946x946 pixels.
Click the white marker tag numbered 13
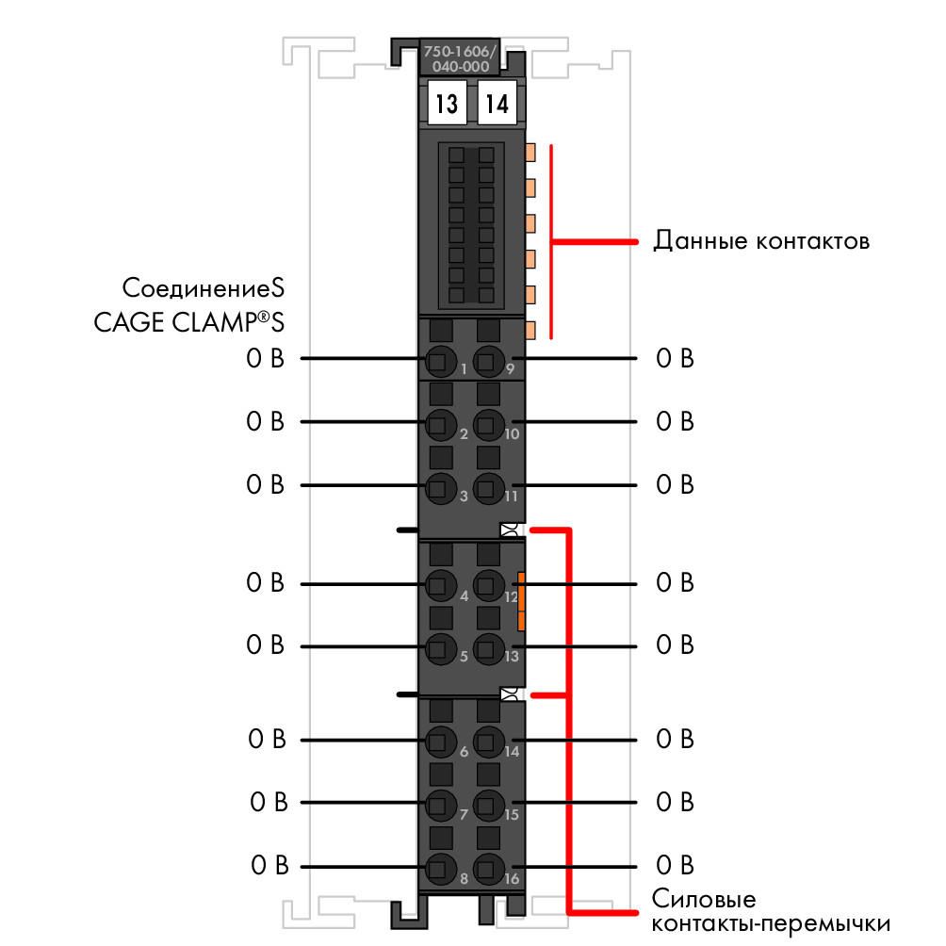click(447, 103)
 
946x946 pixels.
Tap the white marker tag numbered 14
click(497, 103)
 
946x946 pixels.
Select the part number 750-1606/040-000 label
click(460, 58)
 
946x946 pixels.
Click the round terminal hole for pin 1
click(441, 362)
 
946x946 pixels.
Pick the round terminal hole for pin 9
click(489, 362)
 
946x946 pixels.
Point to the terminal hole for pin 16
click(489, 869)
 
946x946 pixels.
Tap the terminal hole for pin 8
click(441, 869)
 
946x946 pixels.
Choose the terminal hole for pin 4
click(441, 585)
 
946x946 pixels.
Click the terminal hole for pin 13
click(489, 648)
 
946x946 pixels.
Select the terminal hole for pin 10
click(489, 424)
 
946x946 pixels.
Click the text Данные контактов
click(761, 240)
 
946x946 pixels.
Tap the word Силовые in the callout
click(704, 899)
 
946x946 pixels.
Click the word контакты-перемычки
click(771, 924)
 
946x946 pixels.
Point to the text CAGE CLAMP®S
click(188, 321)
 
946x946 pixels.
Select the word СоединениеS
click(204, 287)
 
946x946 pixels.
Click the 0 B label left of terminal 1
click(265, 358)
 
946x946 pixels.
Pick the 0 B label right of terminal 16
click(676, 865)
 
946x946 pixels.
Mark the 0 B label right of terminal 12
click(676, 583)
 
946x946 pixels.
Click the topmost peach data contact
click(530, 152)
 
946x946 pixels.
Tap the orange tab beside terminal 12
click(521, 601)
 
